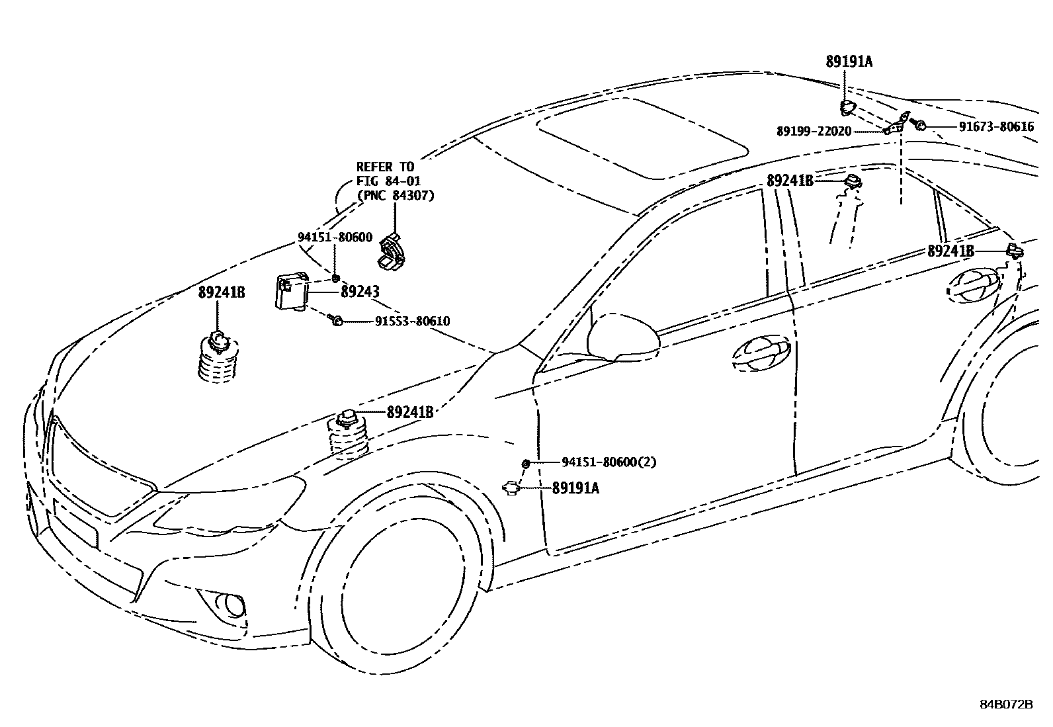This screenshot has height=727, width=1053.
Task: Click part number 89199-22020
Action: click(x=814, y=131)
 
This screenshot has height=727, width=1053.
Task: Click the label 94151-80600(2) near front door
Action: click(x=609, y=462)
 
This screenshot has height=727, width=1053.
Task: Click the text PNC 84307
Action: click(x=396, y=195)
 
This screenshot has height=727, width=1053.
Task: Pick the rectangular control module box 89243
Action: click(x=292, y=292)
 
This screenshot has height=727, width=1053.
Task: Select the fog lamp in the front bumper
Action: click(x=232, y=604)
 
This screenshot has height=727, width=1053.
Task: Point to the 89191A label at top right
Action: click(x=849, y=62)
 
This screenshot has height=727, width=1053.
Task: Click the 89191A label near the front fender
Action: click(x=575, y=488)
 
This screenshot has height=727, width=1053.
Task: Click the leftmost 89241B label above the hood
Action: click(x=222, y=292)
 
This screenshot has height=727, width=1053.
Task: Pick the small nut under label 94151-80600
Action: click(x=336, y=277)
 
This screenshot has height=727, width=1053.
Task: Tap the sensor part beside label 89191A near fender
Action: click(x=513, y=488)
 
